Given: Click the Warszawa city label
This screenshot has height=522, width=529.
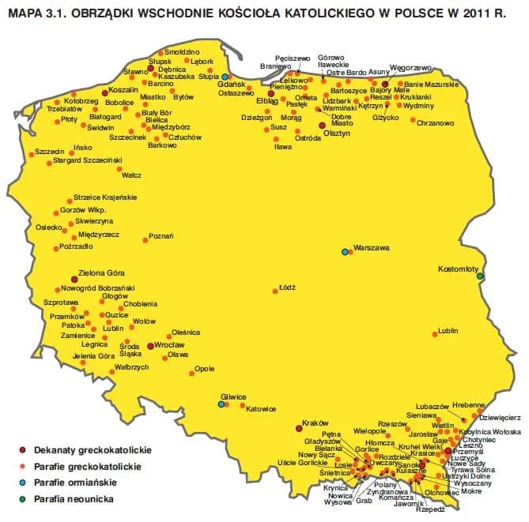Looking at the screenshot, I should [x=372, y=248].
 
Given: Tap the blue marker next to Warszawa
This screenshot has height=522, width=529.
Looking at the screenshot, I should [x=345, y=252].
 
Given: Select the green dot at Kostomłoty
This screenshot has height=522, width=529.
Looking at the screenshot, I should [x=479, y=276].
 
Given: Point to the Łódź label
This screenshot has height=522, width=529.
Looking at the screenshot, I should [x=287, y=287].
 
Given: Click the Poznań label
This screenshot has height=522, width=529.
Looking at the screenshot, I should [x=161, y=235].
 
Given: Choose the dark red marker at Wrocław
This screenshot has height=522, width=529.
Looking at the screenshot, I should [x=150, y=346].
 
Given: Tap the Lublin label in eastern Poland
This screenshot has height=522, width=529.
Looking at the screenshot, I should [x=448, y=330].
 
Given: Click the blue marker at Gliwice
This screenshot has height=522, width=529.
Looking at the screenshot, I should [x=221, y=404].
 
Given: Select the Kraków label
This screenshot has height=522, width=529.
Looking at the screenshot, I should [x=316, y=423].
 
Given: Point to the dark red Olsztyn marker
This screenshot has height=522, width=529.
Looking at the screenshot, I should [x=322, y=126].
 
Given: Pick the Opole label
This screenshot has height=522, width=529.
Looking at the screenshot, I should [x=205, y=368].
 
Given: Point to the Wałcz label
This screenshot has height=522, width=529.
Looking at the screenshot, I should [x=131, y=175].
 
